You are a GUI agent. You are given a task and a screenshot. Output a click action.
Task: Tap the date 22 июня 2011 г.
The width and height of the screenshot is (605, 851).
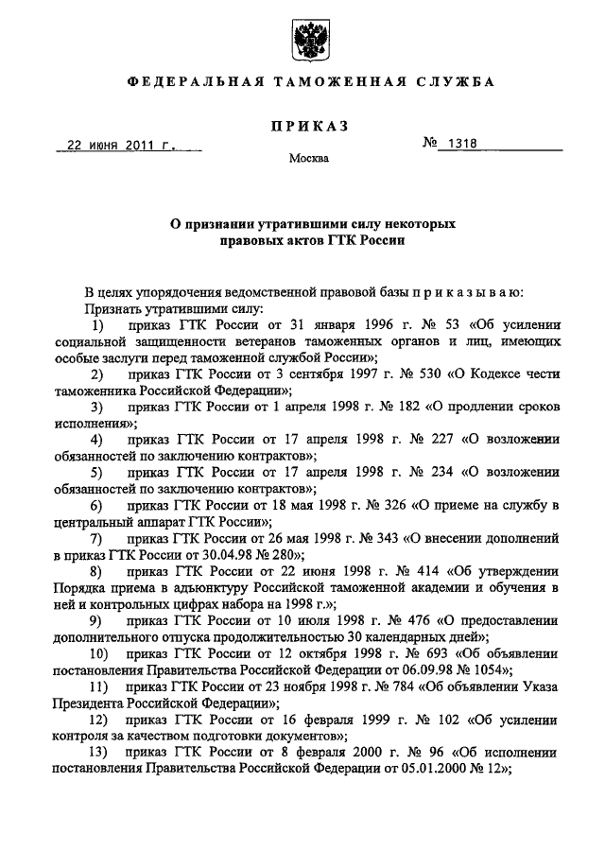pos(122,147)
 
